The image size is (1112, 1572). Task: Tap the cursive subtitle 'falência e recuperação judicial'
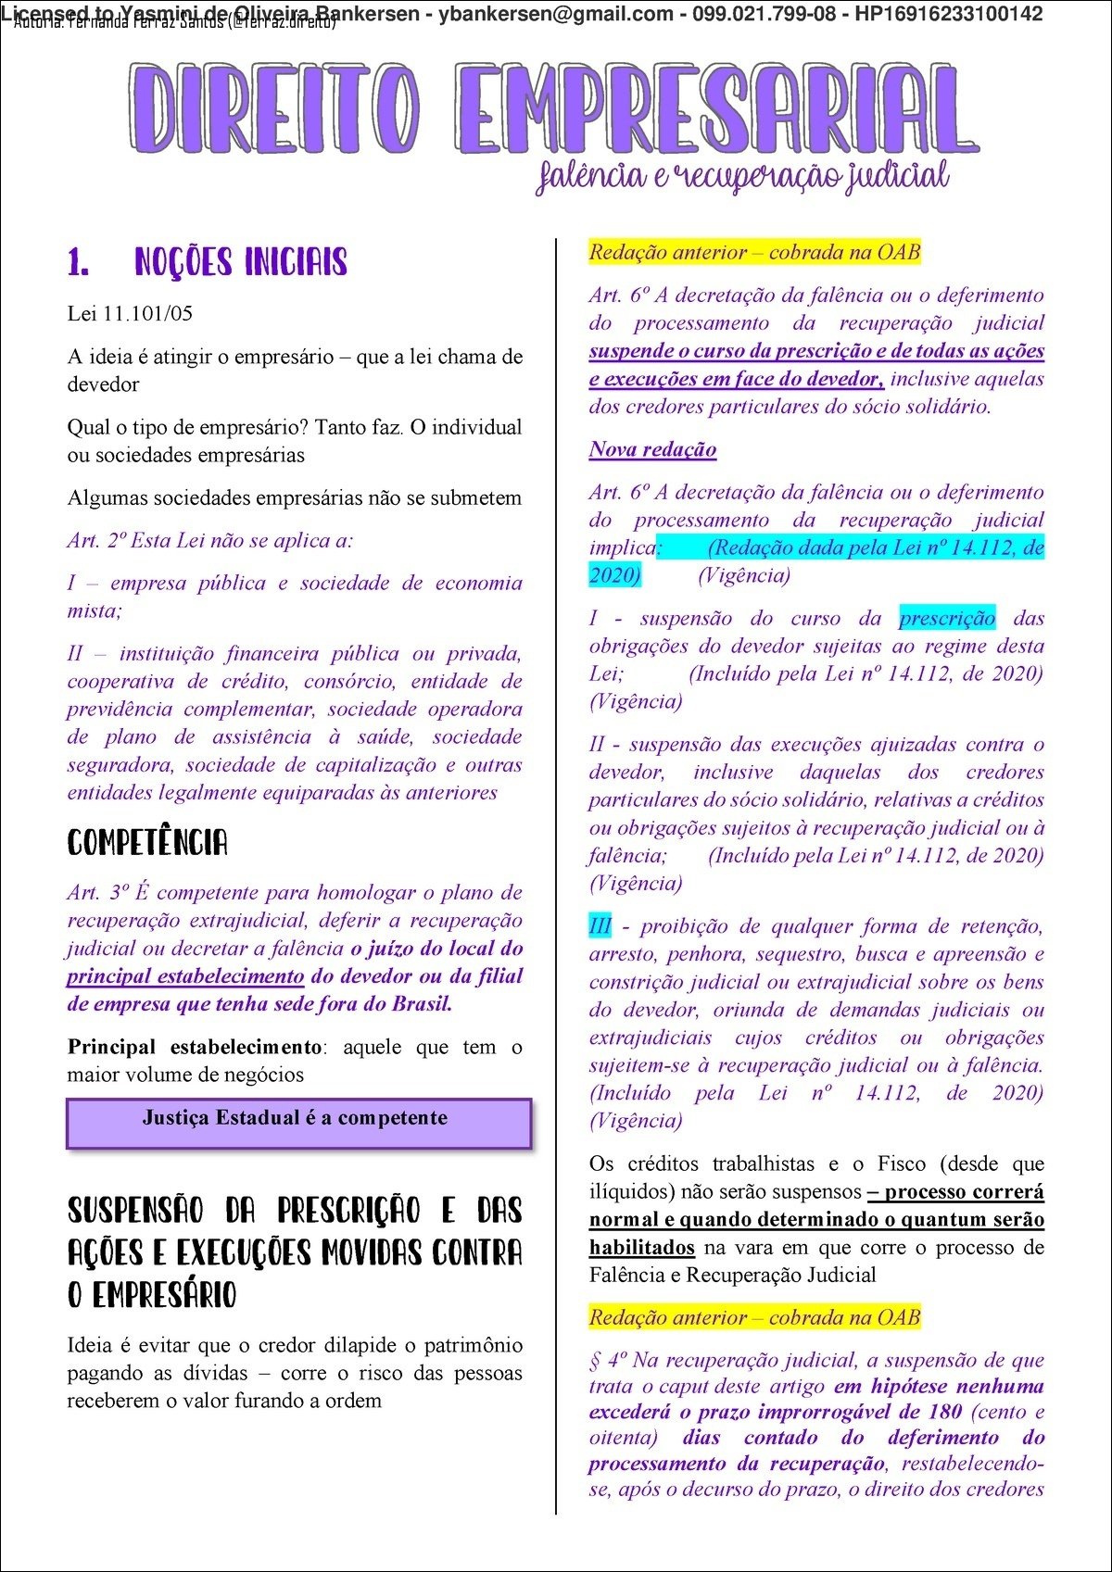[x=742, y=175]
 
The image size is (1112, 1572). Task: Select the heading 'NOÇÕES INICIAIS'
[x=240, y=262]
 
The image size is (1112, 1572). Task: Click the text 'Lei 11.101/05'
[x=130, y=313]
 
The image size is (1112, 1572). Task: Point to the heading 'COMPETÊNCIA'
[x=147, y=842]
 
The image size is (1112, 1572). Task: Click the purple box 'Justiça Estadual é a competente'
[x=298, y=1122]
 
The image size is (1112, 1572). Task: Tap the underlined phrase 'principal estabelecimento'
[x=185, y=976]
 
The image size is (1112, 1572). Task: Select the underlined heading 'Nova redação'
[x=652, y=449]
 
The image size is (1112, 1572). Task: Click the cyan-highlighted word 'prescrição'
[x=946, y=618]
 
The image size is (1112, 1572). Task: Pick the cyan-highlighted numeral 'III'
[x=600, y=926]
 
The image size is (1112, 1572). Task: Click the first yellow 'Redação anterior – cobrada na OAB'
[x=754, y=252]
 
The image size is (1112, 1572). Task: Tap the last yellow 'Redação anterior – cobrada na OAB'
[x=754, y=1317]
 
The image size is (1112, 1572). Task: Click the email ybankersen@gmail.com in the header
[x=556, y=14]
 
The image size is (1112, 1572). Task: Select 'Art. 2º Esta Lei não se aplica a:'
[x=210, y=540]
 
